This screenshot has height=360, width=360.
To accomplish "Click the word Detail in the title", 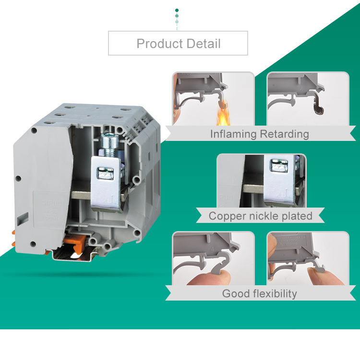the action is click(x=204, y=44).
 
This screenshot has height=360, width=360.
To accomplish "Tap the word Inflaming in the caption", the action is click(x=233, y=134).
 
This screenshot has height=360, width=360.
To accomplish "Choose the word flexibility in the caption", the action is click(x=275, y=294).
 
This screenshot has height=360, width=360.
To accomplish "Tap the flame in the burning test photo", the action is click(x=223, y=114).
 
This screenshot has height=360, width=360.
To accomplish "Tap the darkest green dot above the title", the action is click(x=177, y=11).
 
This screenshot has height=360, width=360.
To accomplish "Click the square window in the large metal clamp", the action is click(x=105, y=174).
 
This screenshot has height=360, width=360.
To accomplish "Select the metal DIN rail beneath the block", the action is click(x=76, y=255).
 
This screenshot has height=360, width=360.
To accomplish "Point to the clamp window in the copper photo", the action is click(x=278, y=166).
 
